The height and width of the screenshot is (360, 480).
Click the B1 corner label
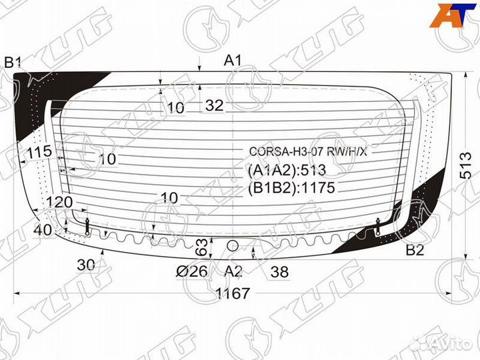(x=13, y=63)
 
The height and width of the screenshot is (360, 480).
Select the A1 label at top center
(x=233, y=60)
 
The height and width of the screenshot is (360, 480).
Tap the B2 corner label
(x=415, y=251)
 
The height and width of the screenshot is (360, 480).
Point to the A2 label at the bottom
(x=233, y=271)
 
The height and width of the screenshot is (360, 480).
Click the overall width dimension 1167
(x=233, y=293)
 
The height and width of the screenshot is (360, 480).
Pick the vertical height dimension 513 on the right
(x=466, y=165)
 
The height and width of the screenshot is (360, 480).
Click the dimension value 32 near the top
(x=214, y=105)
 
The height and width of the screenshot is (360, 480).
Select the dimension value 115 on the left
(x=39, y=151)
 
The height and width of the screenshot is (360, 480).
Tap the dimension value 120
(x=59, y=202)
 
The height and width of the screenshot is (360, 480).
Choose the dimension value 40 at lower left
(x=43, y=230)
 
